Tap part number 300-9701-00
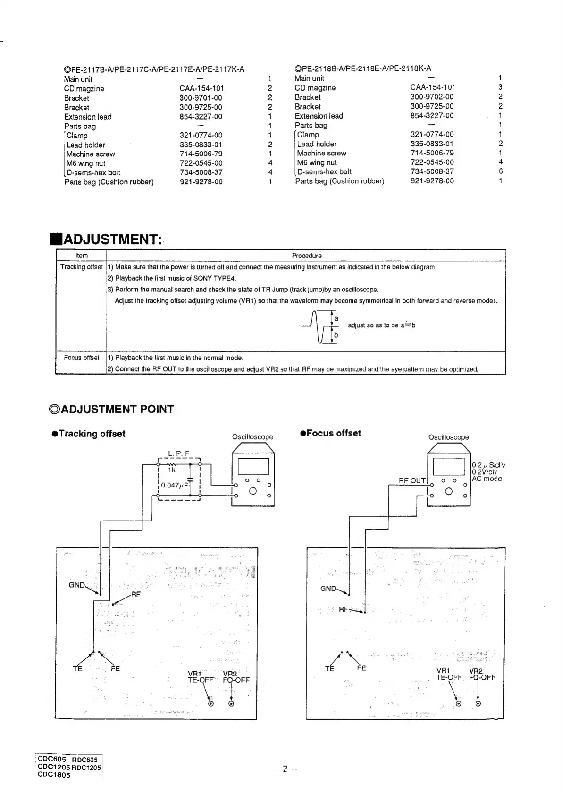click(201, 98)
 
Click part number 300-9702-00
click(432, 97)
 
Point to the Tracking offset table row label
click(81, 267)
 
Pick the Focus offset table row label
click(81, 358)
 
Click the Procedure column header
click(306, 256)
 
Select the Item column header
click(81, 256)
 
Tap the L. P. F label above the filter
click(178, 454)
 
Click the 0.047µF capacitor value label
click(175, 485)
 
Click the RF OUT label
click(412, 480)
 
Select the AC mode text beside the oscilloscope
click(487, 479)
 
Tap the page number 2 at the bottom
click(285, 769)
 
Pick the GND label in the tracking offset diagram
click(77, 585)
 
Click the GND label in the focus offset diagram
click(328, 589)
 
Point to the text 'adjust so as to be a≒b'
click(381, 325)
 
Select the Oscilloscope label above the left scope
click(252, 437)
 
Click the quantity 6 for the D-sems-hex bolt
click(501, 171)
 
